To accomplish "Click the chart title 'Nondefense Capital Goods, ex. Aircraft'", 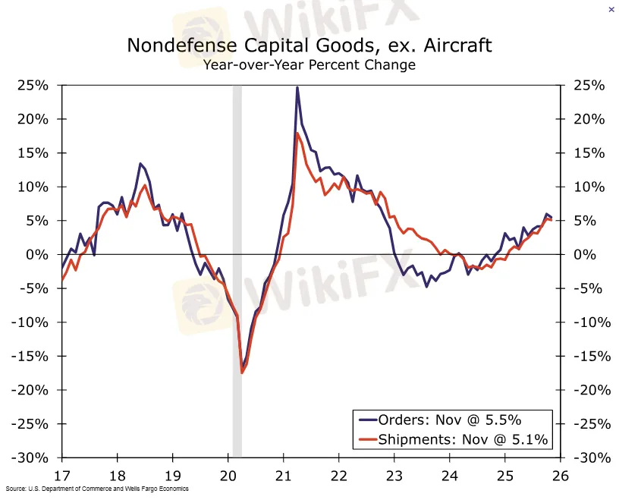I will click(309, 45).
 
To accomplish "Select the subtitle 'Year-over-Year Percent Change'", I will click(309, 64).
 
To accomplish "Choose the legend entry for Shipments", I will click(453, 439).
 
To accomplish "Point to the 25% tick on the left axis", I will click(33, 86).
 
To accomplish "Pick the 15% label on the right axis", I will click(589, 153).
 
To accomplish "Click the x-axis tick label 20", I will click(228, 476).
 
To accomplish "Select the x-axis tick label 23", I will click(394, 476).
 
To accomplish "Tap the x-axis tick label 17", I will click(61, 476).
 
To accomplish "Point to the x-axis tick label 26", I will click(560, 476).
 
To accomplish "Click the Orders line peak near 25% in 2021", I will click(297, 87).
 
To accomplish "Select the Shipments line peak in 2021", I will click(297, 134).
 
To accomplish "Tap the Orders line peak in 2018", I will click(140, 164).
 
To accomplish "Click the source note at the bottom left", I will click(96, 489).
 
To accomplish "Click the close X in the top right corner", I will click(611, 10).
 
